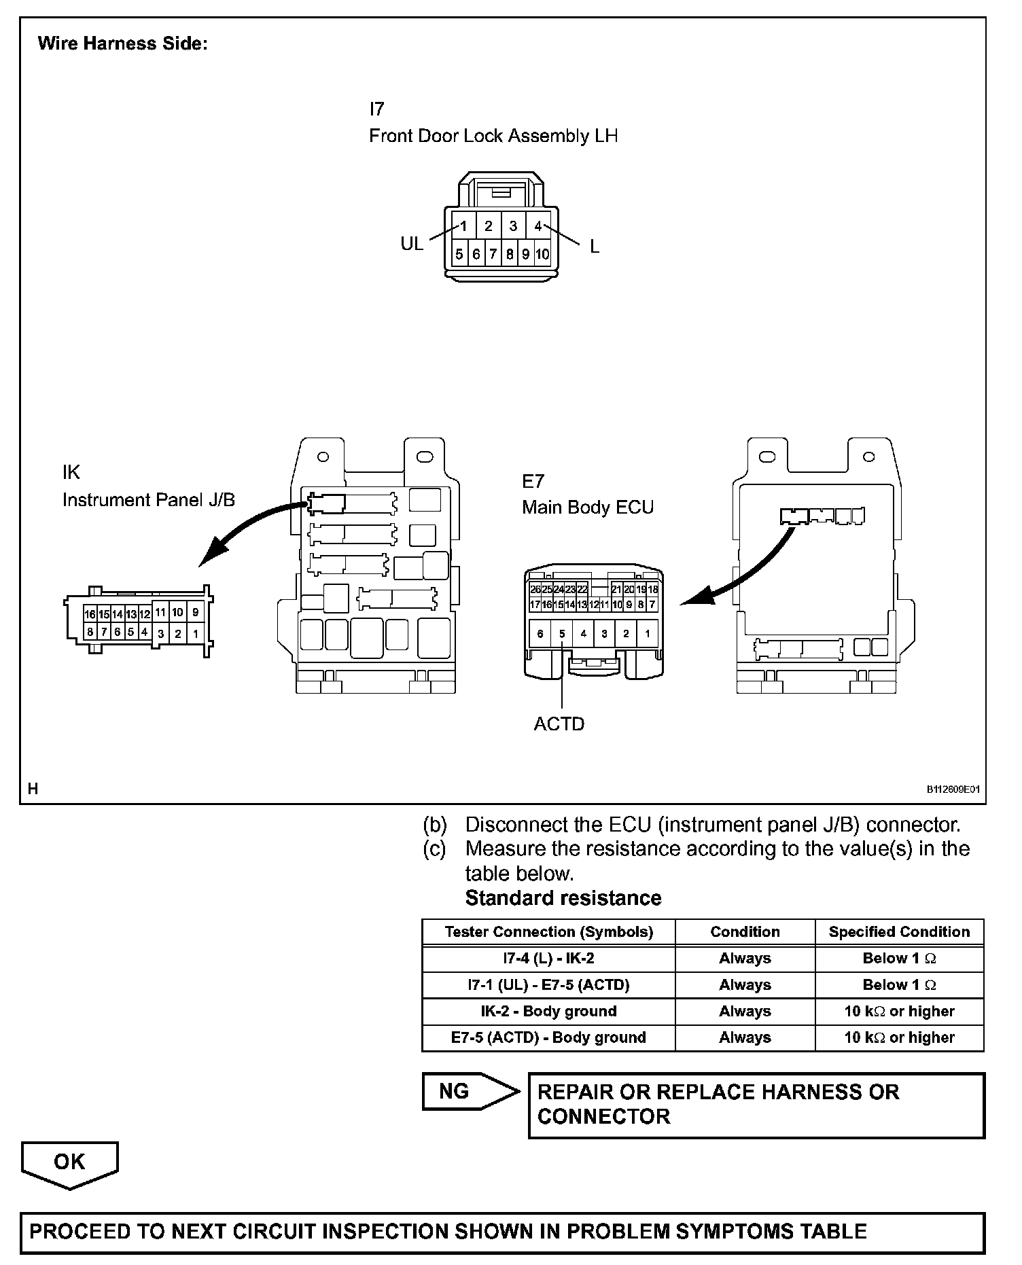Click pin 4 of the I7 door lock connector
pyautogui.click(x=538, y=226)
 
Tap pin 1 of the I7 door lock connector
pyautogui.click(x=463, y=226)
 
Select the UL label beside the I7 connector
pyautogui.click(x=411, y=244)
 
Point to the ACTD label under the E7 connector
pyautogui.click(x=559, y=724)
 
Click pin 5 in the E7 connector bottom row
pyautogui.click(x=562, y=634)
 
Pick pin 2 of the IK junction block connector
pyautogui.click(x=177, y=634)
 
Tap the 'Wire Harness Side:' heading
pyautogui.click(x=122, y=43)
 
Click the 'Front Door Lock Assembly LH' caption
pyautogui.click(x=493, y=136)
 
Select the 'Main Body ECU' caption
pyautogui.click(x=588, y=507)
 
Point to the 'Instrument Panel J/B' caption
pyautogui.click(x=149, y=500)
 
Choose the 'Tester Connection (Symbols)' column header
pyautogui.click(x=548, y=932)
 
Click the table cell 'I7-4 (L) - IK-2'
pyautogui.click(x=548, y=959)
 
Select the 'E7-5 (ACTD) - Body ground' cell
pyautogui.click(x=548, y=1037)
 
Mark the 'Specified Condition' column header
pyautogui.click(x=899, y=932)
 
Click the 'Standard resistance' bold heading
pyautogui.click(x=563, y=898)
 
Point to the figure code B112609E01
pyautogui.click(x=953, y=789)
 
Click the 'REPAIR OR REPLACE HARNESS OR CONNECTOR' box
pyautogui.click(x=756, y=1105)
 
